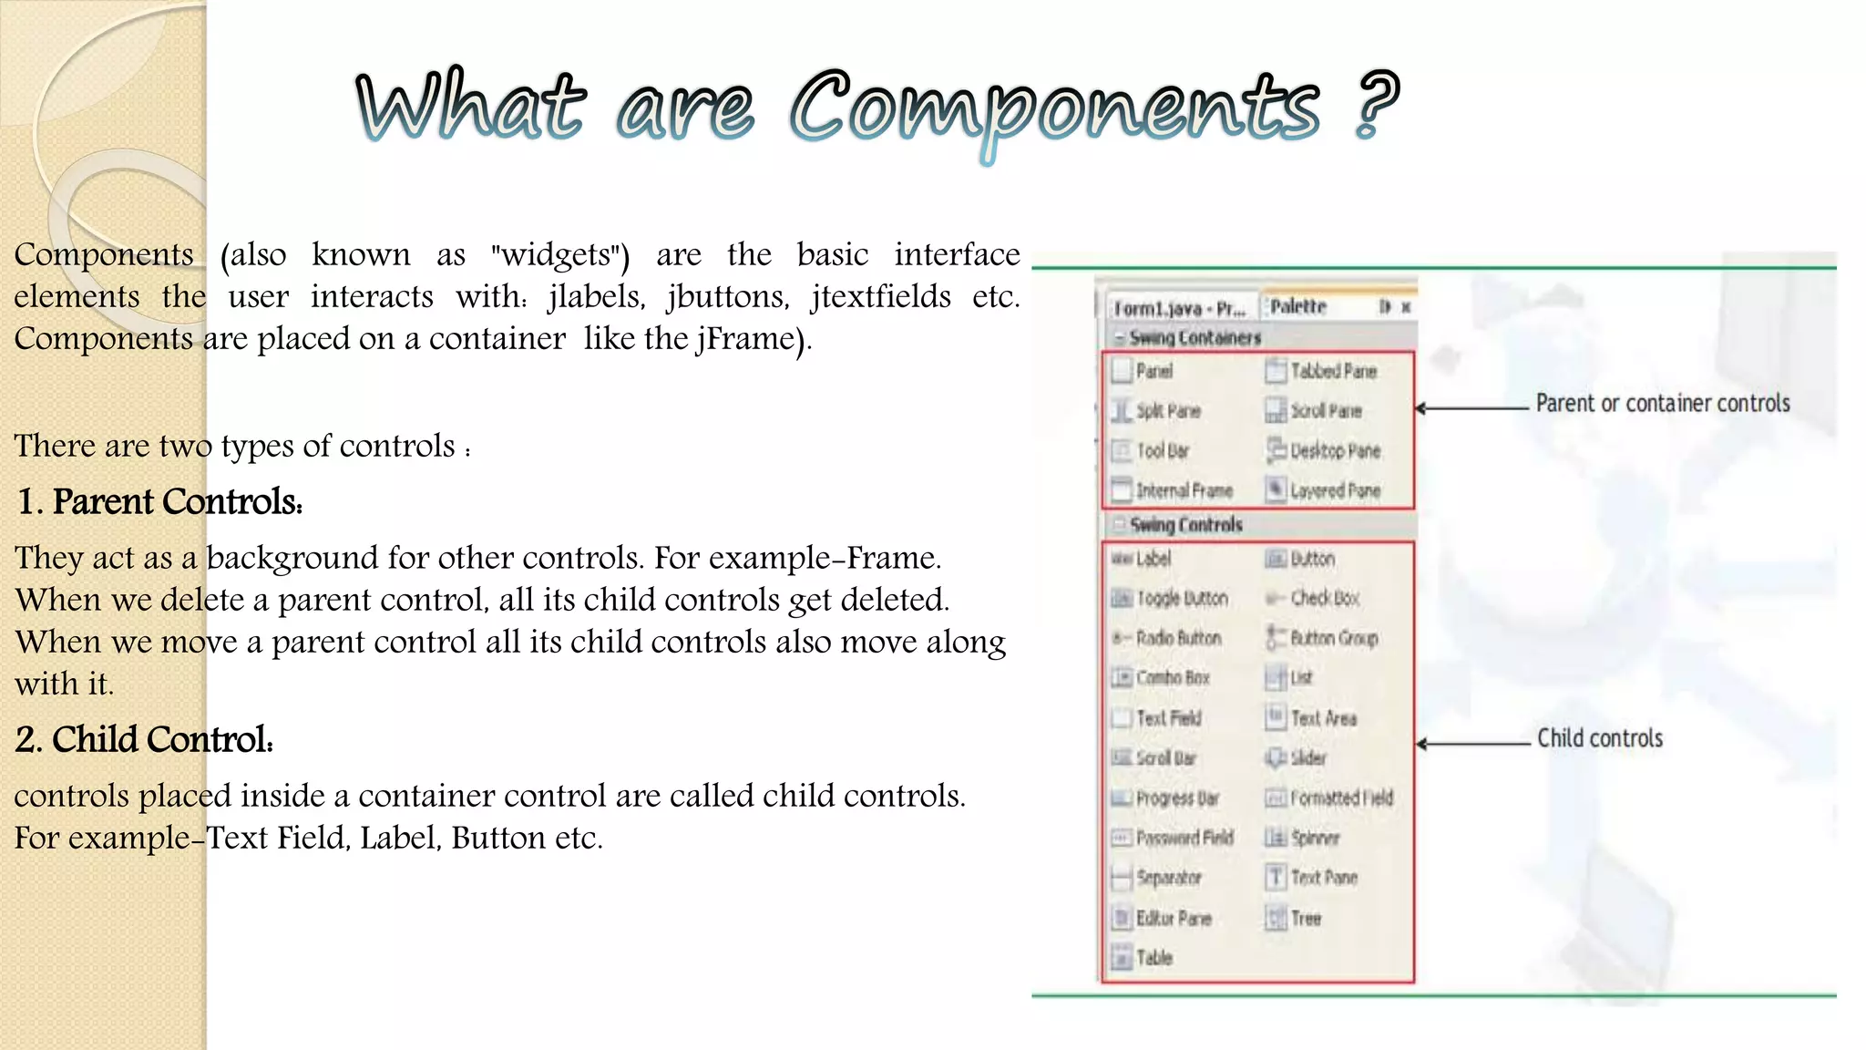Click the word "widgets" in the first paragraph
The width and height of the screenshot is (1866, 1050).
(x=557, y=255)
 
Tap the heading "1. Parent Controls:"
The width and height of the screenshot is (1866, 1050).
(x=160, y=502)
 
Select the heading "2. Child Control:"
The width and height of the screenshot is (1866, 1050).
(x=145, y=740)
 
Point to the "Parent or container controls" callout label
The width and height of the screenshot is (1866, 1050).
(x=1662, y=404)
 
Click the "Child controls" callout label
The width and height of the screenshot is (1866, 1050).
(x=1599, y=738)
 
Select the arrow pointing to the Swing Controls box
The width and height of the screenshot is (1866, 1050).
(x=1472, y=744)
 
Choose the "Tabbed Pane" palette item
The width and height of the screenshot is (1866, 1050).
(x=1332, y=371)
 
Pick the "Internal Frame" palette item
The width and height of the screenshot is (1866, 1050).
(x=1183, y=491)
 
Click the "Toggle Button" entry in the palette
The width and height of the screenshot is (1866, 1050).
(x=1182, y=599)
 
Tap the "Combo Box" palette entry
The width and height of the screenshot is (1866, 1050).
(x=1172, y=678)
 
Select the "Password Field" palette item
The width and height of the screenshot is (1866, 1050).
(x=1184, y=838)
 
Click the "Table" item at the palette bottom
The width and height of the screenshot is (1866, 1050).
(x=1153, y=958)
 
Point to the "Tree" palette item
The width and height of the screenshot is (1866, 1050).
(x=1305, y=918)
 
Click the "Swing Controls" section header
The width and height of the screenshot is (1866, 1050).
(x=1185, y=525)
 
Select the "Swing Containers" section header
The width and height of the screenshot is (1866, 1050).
(x=1194, y=338)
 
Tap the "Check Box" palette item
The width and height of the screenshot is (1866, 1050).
(x=1324, y=599)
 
